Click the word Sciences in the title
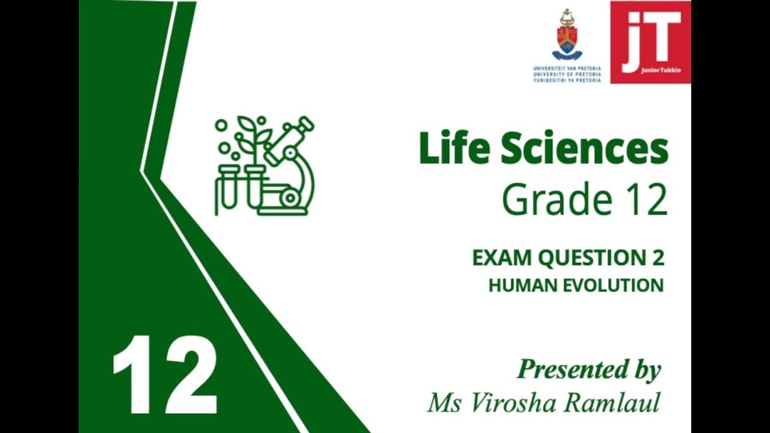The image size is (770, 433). (584, 149)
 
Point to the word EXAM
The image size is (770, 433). (502, 258)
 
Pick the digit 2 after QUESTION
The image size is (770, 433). (658, 258)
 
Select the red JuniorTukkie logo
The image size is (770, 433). (650, 42)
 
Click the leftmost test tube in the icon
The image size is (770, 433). (227, 188)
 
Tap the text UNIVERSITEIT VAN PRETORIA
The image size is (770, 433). (567, 69)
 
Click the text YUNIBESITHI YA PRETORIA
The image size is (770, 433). (567, 80)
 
